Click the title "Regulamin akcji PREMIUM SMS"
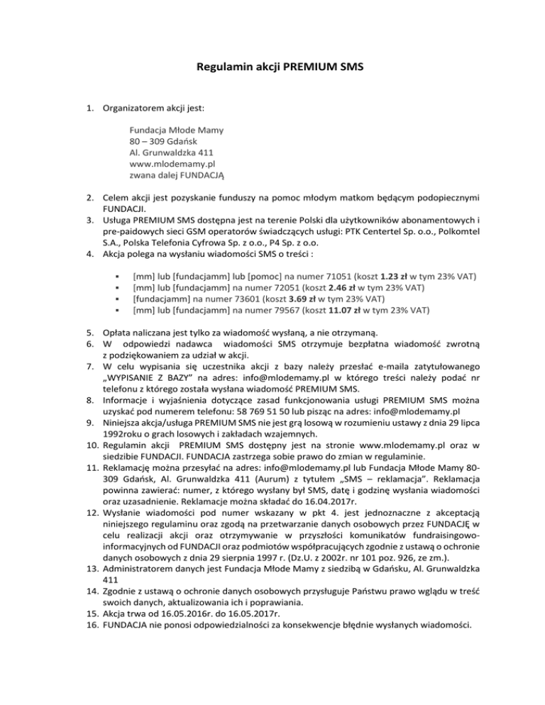point(272,70)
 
